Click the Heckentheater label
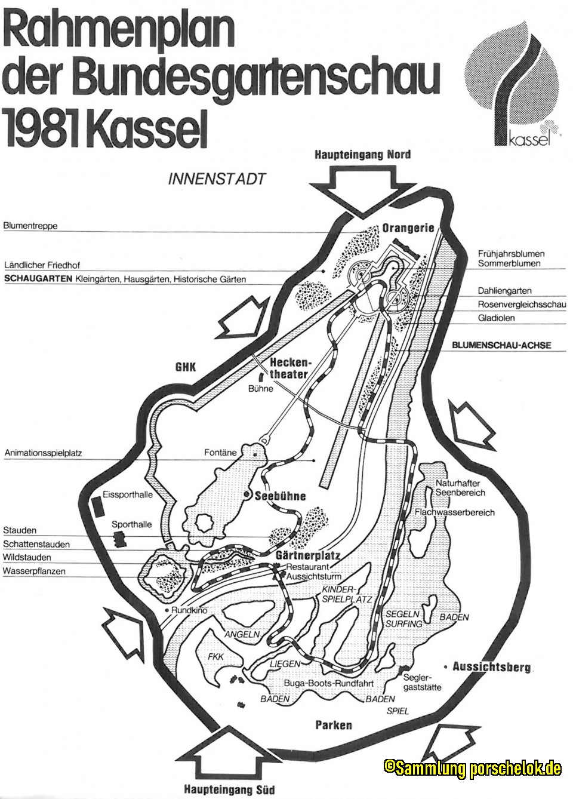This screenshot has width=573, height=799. pyautogui.click(x=289, y=368)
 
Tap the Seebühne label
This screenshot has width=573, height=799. pyautogui.click(x=280, y=496)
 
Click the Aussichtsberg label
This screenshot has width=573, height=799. pyautogui.click(x=491, y=666)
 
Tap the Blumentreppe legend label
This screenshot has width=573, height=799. pyautogui.click(x=30, y=226)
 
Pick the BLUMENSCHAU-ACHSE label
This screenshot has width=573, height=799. pyautogui.click(x=501, y=345)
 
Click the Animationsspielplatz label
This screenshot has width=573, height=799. pyautogui.click(x=44, y=453)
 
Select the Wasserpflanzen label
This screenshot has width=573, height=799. pyautogui.click(x=34, y=571)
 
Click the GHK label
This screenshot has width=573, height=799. pyautogui.click(x=186, y=367)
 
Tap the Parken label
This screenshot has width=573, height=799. pyautogui.click(x=333, y=725)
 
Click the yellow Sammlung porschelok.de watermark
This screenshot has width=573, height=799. pyautogui.click(x=472, y=767)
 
